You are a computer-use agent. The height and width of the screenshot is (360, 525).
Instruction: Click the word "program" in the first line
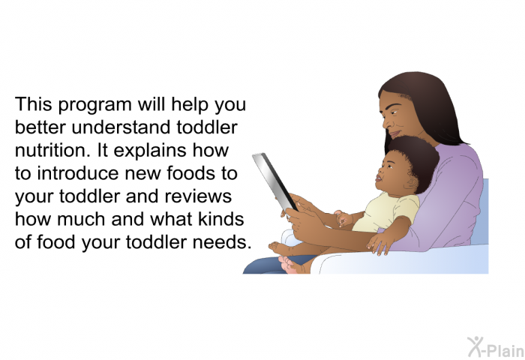[94, 106]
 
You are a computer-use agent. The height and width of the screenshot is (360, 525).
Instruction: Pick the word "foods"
[190, 173]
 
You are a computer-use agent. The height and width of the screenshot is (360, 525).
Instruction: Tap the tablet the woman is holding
[274, 181]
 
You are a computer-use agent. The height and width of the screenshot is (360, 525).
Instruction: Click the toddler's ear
[412, 183]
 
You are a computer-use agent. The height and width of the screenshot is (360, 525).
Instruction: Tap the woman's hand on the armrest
[380, 242]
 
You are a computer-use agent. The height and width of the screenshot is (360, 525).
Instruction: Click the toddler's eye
[391, 166]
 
